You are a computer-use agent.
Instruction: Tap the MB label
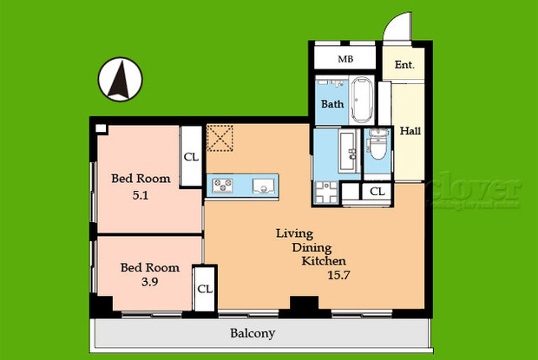[x=344, y=61]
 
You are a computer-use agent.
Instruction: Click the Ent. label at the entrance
[x=404, y=65]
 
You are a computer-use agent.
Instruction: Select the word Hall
[x=410, y=131]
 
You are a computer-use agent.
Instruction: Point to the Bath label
[x=332, y=104]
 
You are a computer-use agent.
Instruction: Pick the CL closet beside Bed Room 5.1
[x=191, y=157]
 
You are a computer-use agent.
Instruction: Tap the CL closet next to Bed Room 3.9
[x=205, y=289]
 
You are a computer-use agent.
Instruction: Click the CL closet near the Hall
[x=377, y=192]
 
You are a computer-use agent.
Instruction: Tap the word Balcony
[x=253, y=333]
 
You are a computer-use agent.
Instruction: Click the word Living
[x=294, y=233]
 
